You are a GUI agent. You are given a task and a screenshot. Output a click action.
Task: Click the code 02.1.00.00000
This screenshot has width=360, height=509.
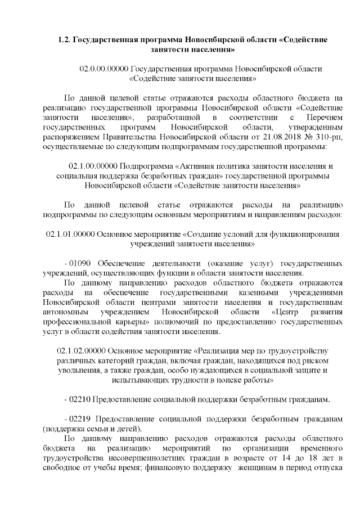coord(93,166)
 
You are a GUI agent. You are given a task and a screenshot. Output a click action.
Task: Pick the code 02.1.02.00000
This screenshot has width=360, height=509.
coord(84,352)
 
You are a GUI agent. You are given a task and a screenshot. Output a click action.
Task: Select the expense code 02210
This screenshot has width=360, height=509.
coord(79,400)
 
